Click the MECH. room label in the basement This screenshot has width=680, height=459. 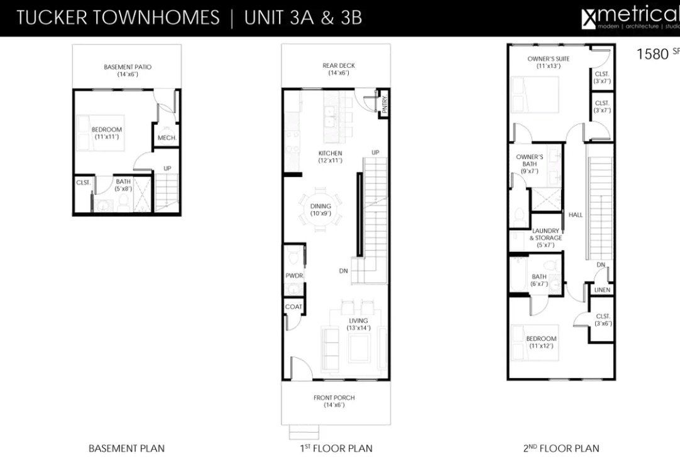(x=166, y=138)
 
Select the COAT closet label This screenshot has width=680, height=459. (x=293, y=307)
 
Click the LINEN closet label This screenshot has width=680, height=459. (x=601, y=289)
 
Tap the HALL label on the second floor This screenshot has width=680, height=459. (x=576, y=215)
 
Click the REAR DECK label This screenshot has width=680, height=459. (x=338, y=66)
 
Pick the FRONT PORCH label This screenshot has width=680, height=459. (x=334, y=397)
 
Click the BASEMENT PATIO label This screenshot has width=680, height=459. (x=128, y=67)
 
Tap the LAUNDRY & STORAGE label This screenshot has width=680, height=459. (x=546, y=234)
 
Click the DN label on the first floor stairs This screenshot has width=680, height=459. (x=343, y=271)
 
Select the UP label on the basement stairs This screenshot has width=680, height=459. (x=167, y=168)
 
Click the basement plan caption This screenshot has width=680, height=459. (x=126, y=448)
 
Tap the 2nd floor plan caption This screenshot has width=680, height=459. (x=561, y=448)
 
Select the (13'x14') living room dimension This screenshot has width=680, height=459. (x=359, y=328)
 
